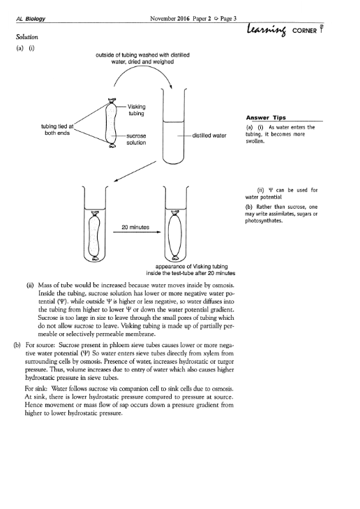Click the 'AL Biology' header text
pos(31,19)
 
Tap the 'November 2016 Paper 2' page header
pos(180,19)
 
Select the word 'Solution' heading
pos(27,37)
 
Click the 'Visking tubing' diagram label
pos(136,110)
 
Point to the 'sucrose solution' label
pos(136,139)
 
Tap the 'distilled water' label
pos(209,135)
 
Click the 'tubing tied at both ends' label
pos(57,130)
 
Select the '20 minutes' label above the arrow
pos(135,227)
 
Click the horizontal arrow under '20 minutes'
pos(137,232)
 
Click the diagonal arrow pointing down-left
pos(135,172)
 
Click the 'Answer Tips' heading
pos(266,117)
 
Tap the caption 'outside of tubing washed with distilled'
pos(143,55)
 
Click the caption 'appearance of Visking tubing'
pos(191,266)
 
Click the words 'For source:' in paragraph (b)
pos(40,345)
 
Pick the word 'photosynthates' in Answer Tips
pos(264,221)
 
